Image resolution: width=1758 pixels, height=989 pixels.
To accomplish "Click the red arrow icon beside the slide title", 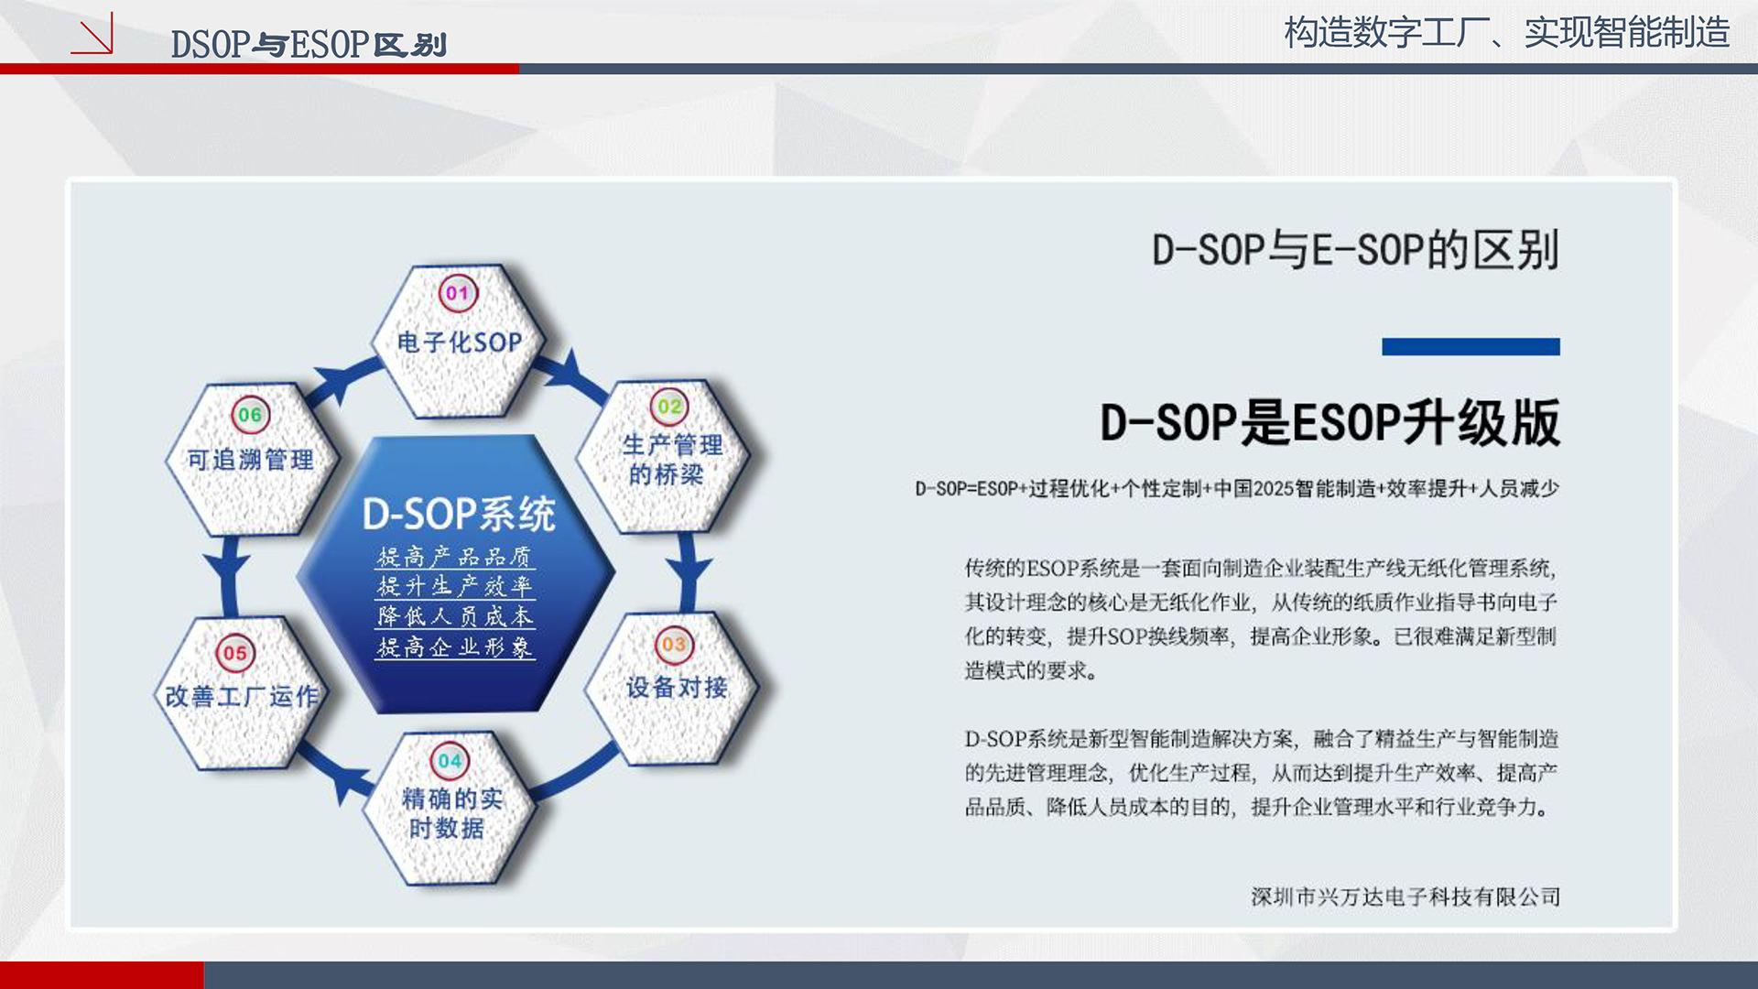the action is coord(92,33).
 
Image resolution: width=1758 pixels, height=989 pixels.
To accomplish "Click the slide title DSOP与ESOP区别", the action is coord(309,44).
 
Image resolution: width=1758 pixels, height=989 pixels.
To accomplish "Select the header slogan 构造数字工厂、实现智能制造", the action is coord(1506,32).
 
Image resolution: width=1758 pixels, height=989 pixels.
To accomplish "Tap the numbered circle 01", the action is coord(458,293).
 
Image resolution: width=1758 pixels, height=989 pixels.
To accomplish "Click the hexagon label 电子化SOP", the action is coord(459,342).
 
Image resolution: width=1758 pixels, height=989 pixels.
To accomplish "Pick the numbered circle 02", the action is coord(670,407).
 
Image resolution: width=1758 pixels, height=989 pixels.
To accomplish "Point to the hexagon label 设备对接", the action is coord(677,687).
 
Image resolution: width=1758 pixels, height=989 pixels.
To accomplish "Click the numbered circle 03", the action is coord(674,645).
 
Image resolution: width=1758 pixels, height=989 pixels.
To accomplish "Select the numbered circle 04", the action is coord(450,761).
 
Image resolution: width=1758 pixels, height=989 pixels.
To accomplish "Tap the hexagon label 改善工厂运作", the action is coord(241,696).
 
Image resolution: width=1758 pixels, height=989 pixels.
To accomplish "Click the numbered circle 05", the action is coord(235,653).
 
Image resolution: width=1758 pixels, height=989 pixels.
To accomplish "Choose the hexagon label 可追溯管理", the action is coord(250,459).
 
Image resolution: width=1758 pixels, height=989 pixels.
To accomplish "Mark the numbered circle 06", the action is coord(250,415).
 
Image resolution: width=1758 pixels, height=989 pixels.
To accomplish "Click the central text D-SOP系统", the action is coord(459,514).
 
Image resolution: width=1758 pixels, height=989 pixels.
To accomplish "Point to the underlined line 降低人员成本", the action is coord(455,616).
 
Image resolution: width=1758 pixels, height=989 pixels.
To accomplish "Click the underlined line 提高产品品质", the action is coord(455,557).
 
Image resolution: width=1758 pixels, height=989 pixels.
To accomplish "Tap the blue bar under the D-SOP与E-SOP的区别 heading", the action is coord(1470,346).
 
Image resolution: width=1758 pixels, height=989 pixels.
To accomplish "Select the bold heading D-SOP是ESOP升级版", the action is coord(1329,422).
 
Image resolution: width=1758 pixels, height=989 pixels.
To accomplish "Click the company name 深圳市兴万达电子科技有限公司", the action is coord(1405,897).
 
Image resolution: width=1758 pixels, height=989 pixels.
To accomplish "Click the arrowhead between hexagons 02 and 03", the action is coord(689,570).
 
